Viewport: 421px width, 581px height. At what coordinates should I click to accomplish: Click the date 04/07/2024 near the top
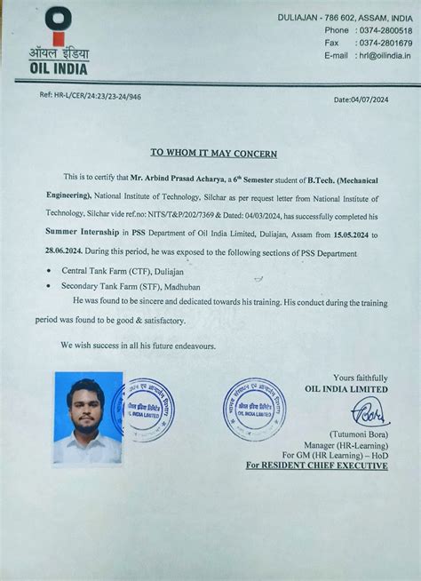(x=361, y=99)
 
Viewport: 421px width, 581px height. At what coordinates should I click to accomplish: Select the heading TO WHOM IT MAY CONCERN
(x=213, y=154)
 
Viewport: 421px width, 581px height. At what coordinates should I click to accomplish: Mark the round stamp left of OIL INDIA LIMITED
(x=255, y=408)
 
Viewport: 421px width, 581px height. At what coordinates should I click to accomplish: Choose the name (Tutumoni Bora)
(x=357, y=433)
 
